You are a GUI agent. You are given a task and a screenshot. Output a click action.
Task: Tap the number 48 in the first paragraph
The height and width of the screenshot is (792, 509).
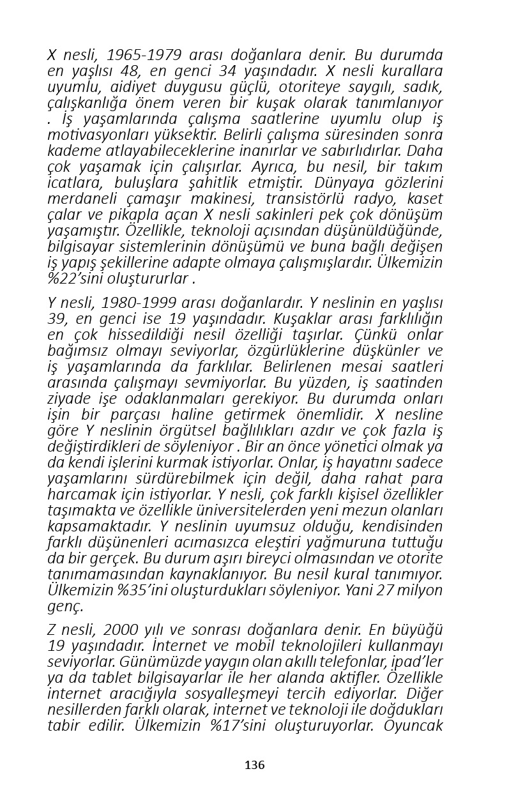point(130,71)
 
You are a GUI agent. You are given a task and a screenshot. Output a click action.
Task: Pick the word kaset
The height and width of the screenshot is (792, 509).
point(424,198)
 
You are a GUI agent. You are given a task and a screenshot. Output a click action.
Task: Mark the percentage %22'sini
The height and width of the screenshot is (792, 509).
point(77,278)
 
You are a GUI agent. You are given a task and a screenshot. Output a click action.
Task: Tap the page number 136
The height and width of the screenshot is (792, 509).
point(254,765)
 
